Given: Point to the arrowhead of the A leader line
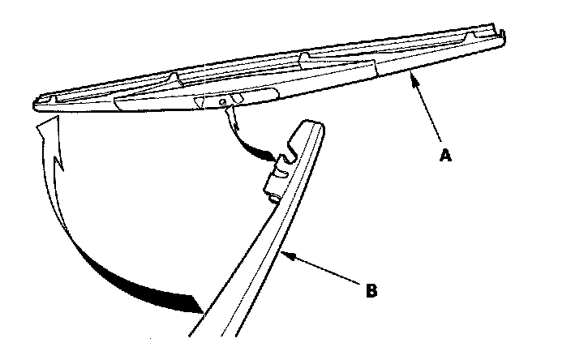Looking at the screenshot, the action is [414, 75].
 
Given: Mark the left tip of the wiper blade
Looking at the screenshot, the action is [36, 104].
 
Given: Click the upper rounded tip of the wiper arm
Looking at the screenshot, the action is [311, 124].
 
